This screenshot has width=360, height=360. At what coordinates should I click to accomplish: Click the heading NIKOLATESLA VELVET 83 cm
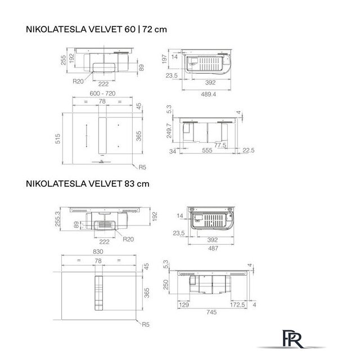point(88,184)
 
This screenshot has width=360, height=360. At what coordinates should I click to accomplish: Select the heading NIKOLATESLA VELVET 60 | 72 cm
point(96,29)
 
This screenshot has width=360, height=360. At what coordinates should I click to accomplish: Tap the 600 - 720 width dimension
point(102,93)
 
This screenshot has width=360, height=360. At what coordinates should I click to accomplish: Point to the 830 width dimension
point(98,251)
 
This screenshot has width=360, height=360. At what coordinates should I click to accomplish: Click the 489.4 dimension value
point(208,94)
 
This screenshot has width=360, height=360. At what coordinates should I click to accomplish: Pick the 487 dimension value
point(213,248)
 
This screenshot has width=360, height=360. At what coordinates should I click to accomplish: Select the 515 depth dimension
point(57,139)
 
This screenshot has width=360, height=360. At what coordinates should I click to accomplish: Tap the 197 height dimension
point(164,59)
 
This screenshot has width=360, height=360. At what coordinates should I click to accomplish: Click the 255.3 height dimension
point(57,219)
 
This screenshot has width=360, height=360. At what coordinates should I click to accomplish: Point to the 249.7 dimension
point(169,130)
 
